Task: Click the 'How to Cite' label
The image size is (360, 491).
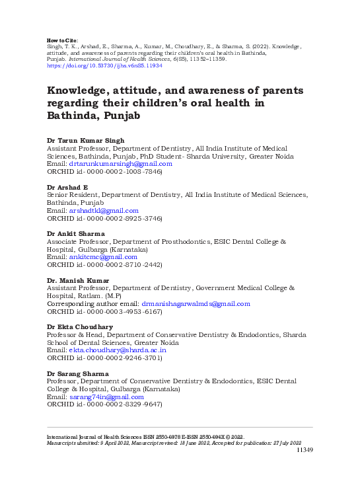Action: coord(61,40)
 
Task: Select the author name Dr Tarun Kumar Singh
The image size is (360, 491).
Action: coord(85,140)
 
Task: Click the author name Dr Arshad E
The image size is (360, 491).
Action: coord(66,188)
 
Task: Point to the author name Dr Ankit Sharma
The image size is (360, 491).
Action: coord(76,234)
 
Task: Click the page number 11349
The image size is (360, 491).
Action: coord(304,450)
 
